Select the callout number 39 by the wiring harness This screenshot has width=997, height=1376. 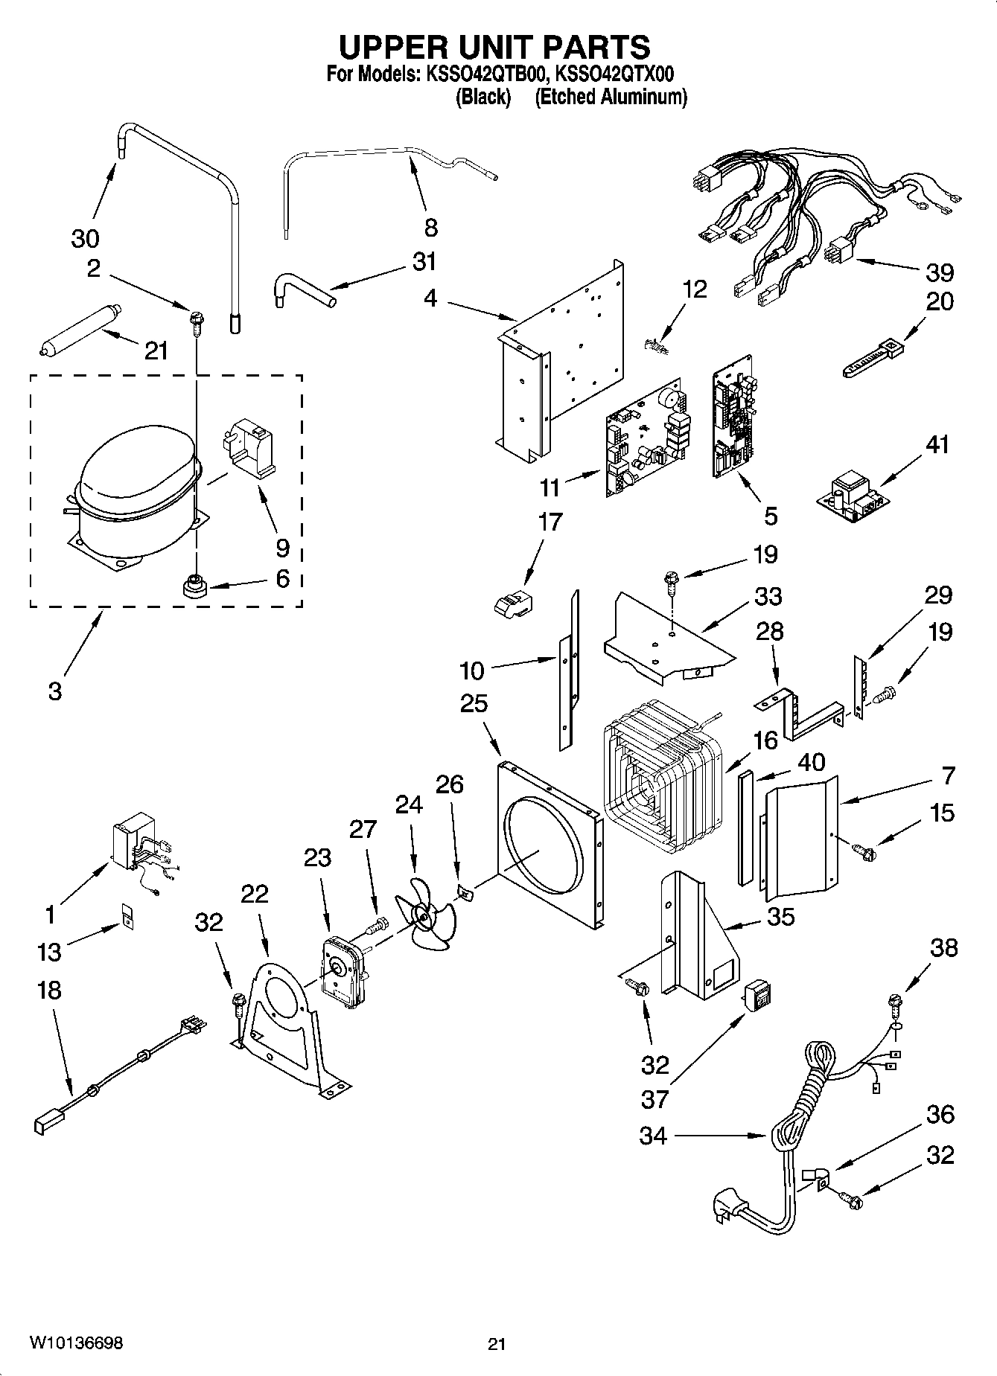click(940, 272)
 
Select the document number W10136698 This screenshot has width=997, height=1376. click(76, 1343)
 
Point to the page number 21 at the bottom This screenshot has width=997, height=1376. click(497, 1343)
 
